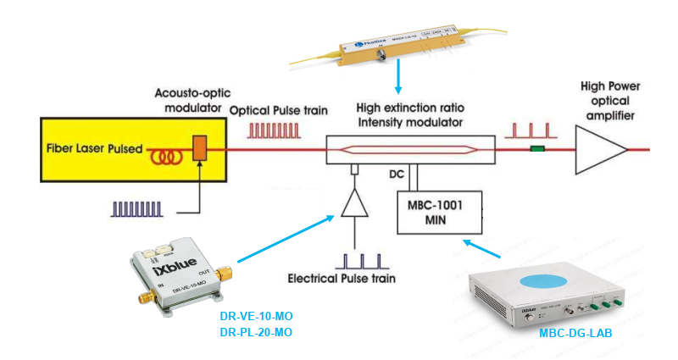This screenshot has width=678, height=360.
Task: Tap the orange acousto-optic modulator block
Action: [x=200, y=148]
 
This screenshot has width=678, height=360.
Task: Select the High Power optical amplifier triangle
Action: [x=600, y=149]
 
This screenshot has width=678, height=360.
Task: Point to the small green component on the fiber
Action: [x=536, y=150]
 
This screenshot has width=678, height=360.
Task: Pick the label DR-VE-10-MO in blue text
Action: [x=256, y=316]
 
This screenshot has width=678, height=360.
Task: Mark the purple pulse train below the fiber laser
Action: [x=136, y=208]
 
